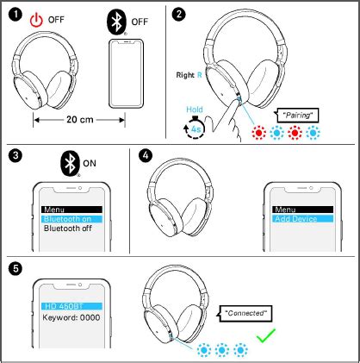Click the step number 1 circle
[15, 15]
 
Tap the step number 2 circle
[178, 15]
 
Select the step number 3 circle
[15, 156]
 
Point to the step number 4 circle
[144, 156]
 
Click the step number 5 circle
[15, 267]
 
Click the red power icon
[36, 19]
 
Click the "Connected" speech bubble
[245, 311]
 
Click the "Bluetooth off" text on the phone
[68, 228]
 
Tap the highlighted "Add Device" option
[295, 219]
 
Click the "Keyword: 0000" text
[71, 317]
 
